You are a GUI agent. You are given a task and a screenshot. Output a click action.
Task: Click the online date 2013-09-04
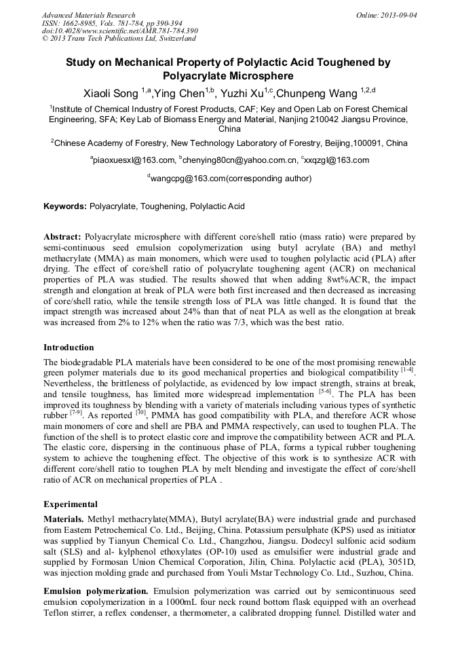coord(397,14)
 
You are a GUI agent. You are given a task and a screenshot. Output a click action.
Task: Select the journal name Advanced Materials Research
coord(89,14)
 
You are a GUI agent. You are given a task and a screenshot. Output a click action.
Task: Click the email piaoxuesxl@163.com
coord(134,160)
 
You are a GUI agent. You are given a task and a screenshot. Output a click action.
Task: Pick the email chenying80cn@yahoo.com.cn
coord(241,160)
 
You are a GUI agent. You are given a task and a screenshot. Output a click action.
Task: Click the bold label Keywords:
coord(65,206)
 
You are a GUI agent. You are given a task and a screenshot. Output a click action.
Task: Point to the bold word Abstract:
coord(62,237)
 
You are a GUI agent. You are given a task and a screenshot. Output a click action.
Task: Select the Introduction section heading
coord(69,348)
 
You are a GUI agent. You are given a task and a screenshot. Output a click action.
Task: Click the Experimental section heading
coord(71,504)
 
